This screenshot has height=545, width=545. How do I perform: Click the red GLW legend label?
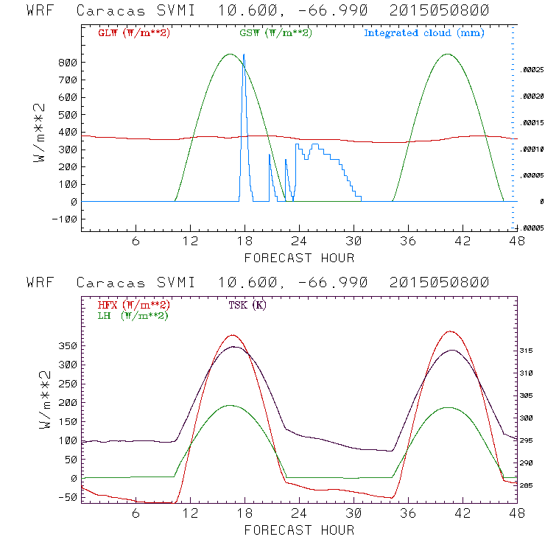(134, 33)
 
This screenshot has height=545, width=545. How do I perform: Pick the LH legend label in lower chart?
(132, 315)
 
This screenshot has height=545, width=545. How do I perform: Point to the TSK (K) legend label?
(248, 305)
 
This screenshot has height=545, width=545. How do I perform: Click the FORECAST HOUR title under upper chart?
(299, 258)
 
